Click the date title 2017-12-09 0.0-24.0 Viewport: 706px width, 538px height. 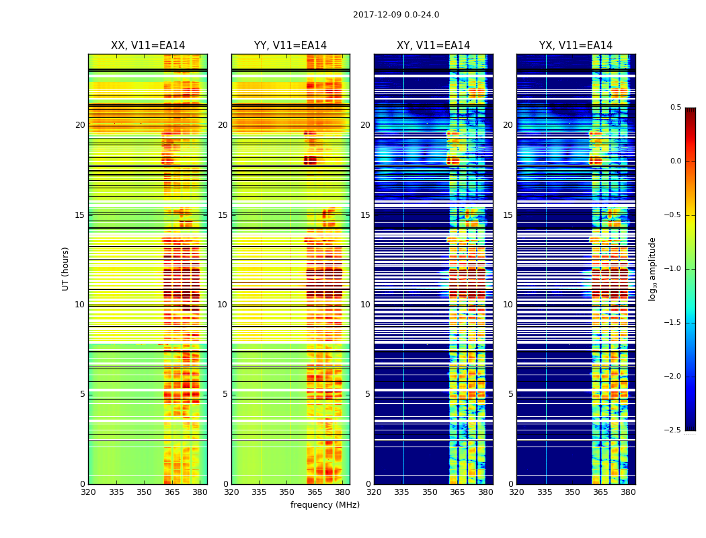coord(396,15)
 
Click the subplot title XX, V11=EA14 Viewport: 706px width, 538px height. coord(148,46)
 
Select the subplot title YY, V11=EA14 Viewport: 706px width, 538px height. coord(290,46)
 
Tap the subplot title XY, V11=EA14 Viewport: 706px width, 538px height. coord(433,46)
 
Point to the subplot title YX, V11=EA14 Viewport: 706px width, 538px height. coord(576,46)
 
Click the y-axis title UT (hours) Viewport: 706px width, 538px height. coord(66,268)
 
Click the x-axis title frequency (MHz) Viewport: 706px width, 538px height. coord(325,505)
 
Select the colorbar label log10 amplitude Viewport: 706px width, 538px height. coord(653,268)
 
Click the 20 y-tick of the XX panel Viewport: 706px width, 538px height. coord(80,125)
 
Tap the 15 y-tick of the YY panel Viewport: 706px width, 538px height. coord(223,215)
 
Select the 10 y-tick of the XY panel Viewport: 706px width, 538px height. coord(365,305)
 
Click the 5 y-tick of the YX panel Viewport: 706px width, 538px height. coord(510,394)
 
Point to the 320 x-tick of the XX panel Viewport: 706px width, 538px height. coord(88,492)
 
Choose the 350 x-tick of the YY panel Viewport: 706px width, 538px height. coord(286,492)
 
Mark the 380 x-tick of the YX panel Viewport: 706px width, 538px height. coord(628,492)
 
